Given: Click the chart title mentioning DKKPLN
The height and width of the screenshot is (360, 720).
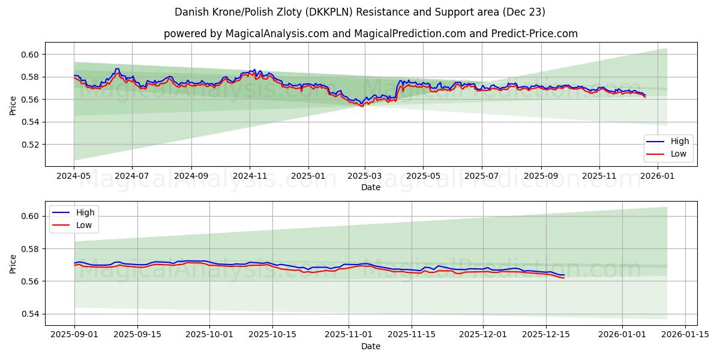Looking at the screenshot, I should tap(360, 12).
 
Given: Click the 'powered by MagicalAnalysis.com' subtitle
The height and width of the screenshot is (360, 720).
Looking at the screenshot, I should tap(370, 34).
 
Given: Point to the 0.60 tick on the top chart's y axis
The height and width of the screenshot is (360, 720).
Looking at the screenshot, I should tap(30, 55).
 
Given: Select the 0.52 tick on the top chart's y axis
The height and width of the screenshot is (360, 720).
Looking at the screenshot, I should tap(30, 145).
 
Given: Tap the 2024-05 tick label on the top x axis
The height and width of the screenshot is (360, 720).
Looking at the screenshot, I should tap(74, 176).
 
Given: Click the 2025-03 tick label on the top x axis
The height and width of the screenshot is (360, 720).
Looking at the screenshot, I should tap(365, 176).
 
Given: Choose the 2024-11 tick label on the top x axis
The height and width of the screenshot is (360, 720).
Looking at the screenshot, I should tap(250, 176).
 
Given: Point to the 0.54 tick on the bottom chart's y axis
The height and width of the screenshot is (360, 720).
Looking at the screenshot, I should tap(30, 314).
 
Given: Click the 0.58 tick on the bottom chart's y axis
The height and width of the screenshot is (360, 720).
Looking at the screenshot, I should tap(30, 249).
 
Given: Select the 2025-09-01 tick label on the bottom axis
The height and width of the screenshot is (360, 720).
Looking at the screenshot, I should tap(74, 335).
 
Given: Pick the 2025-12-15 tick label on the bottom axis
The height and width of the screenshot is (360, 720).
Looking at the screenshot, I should tap(545, 335).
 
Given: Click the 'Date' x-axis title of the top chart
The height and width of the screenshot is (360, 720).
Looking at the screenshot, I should tap(370, 187).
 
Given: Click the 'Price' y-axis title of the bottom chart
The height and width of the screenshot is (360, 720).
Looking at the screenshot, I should tap(13, 263).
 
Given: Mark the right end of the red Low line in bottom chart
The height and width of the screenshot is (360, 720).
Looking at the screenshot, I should tap(564, 278).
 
